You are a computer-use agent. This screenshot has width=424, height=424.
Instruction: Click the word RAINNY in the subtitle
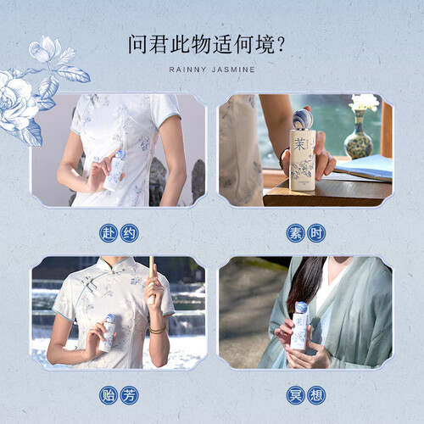pos(187,70)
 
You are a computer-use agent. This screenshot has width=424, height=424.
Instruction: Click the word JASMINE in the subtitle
pos(233,70)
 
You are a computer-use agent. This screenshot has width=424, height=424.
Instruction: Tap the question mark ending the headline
pos(281,44)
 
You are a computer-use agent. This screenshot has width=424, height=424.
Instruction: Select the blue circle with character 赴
pos(109,233)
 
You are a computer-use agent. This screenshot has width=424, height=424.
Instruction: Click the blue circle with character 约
pos(130,233)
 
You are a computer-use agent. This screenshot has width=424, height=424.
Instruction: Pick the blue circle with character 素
pos(295,233)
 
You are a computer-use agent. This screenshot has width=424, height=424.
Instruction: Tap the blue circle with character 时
pos(316,233)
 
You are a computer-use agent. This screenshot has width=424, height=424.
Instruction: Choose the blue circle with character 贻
pos(109,395)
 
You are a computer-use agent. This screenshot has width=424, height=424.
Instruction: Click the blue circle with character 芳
pos(130,395)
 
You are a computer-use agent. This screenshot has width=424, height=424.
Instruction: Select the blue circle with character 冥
pos(295,395)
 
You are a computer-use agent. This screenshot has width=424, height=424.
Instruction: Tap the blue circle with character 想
pos(316,395)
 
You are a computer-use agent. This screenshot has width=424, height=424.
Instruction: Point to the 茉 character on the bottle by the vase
pos(299,144)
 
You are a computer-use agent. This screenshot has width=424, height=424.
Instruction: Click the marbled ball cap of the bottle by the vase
pos(303,120)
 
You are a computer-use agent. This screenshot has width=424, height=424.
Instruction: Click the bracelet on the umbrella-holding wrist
pos(158,330)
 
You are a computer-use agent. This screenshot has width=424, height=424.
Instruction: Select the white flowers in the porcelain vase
pos(365,103)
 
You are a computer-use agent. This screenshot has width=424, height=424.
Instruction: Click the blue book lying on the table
pos(364,168)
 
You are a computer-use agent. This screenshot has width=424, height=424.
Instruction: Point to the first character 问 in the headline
pos(138,44)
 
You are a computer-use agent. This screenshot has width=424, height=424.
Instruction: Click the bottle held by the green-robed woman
pos(300,326)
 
